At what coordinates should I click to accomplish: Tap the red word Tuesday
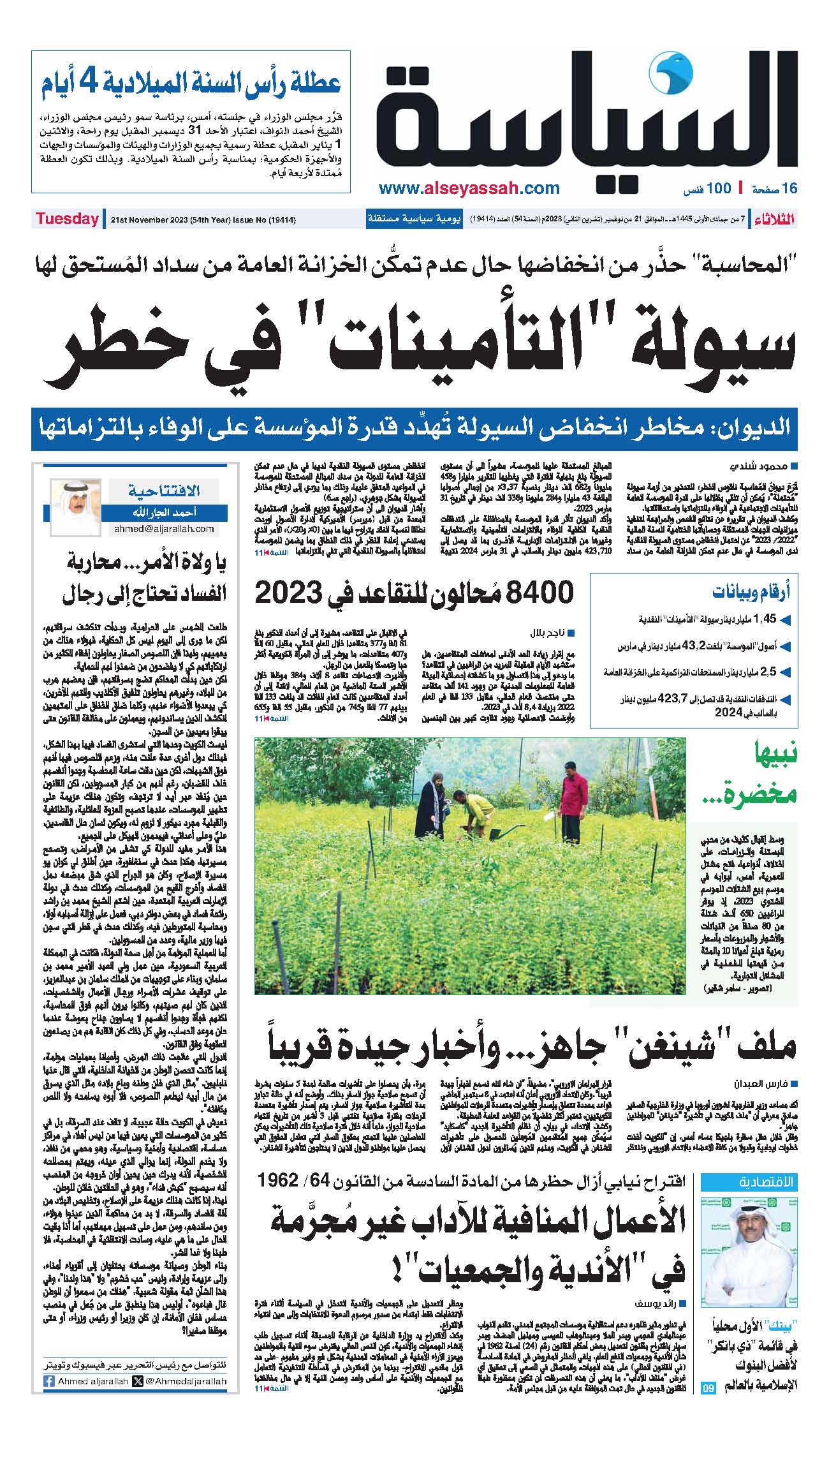[67, 219]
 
